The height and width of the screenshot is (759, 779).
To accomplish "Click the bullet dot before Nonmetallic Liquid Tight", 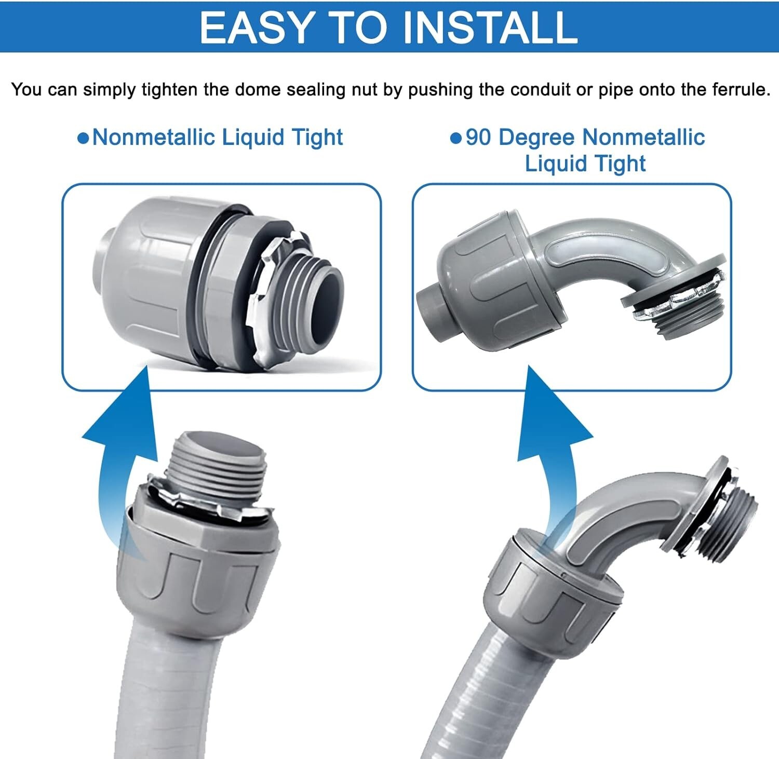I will (83, 139).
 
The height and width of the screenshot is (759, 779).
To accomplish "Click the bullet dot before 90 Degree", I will (455, 139).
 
